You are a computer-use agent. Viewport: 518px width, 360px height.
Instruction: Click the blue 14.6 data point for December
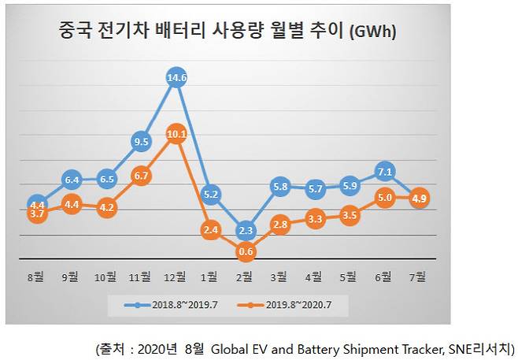pyautogui.click(x=176, y=78)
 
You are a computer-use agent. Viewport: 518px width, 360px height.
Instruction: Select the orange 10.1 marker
pyautogui.click(x=176, y=134)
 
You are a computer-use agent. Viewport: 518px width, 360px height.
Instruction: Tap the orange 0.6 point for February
pyautogui.click(x=245, y=251)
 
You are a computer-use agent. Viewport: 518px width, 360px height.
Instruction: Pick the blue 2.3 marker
pyautogui.click(x=245, y=230)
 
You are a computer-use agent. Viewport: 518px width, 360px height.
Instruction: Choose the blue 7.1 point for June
pyautogui.click(x=386, y=171)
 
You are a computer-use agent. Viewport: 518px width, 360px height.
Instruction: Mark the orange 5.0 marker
pyautogui.click(x=386, y=197)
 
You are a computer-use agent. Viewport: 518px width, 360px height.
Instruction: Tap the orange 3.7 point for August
pyautogui.click(x=36, y=213)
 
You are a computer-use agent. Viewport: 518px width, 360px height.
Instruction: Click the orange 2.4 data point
pyautogui.click(x=210, y=229)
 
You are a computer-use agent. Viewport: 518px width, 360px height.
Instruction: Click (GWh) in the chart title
pyautogui.click(x=371, y=32)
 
